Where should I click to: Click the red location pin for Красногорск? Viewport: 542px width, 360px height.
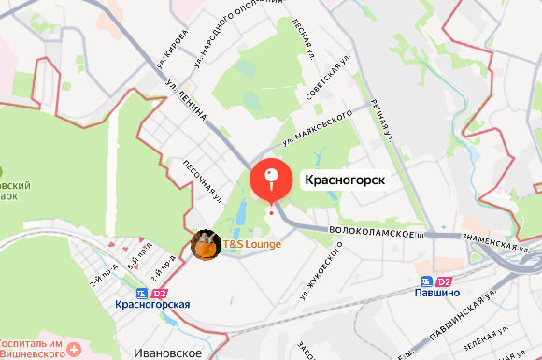pos(272,180)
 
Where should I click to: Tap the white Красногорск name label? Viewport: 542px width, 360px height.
pos(346,179)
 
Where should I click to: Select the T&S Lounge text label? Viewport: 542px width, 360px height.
pos(251,244)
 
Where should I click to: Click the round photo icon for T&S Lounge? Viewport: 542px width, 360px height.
pos(206,246)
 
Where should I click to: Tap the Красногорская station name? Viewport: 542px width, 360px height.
pos(152,304)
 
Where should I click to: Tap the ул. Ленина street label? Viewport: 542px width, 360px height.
pos(187,103)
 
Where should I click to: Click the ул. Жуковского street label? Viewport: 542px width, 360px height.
pos(320,271)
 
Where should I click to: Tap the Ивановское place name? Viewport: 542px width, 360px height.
pos(169,352)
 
